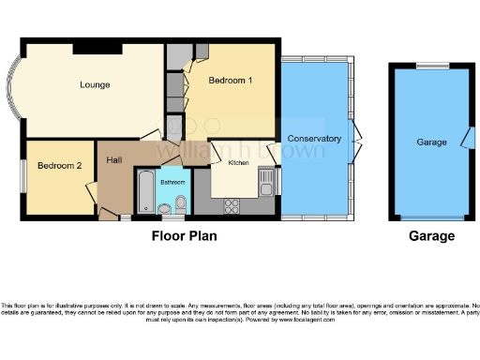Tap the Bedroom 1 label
pos(230,81)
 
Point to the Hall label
pos(114,160)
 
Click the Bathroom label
pos(172,182)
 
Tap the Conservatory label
pos(314,139)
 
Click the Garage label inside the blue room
pos(431,142)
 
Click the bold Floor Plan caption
pos(185,236)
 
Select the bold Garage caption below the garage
pos(431,236)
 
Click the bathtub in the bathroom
pos(145,193)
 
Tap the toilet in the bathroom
pos(181,203)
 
